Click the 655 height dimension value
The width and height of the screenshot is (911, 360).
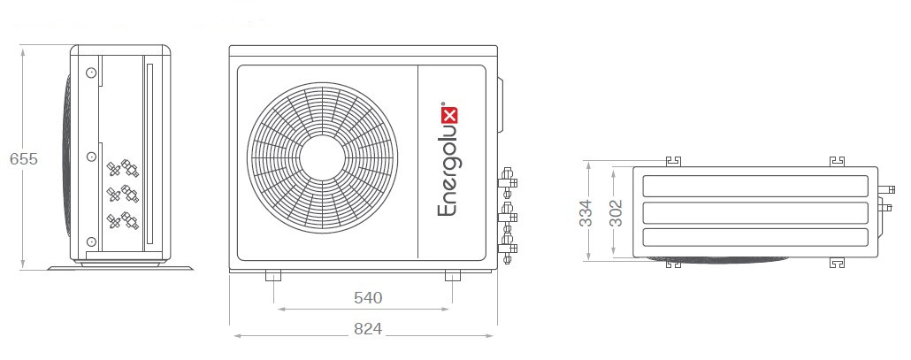pyautogui.click(x=24, y=158)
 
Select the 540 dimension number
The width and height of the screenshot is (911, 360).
pyautogui.click(x=368, y=298)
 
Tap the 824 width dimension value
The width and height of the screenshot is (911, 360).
pyautogui.click(x=368, y=329)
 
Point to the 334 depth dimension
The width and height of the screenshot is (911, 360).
pyautogui.click(x=586, y=213)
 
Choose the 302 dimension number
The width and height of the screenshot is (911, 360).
pyautogui.click(x=616, y=213)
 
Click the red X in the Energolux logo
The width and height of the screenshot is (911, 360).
pyautogui.click(x=449, y=114)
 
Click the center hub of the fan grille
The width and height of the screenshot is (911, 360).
pyautogui.click(x=322, y=158)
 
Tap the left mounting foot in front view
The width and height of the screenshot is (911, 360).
pyautogui.click(x=273, y=276)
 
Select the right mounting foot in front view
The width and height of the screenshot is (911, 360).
pyautogui.click(x=453, y=276)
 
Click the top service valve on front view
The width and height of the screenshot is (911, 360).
pyautogui.click(x=508, y=181)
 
